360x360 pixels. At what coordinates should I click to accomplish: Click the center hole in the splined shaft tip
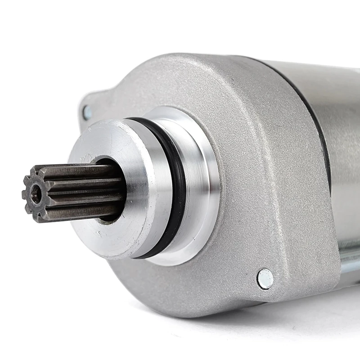pos(36,194)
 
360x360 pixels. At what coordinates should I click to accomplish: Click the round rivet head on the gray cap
pos(265,279)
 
